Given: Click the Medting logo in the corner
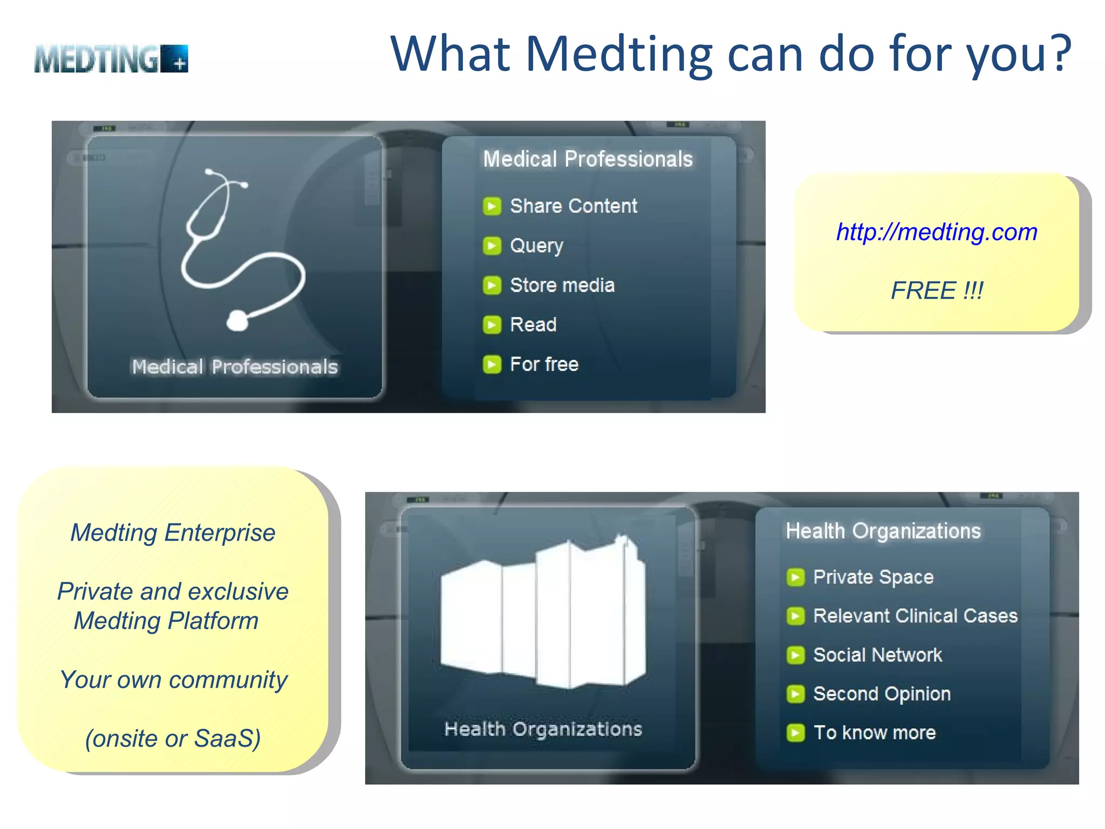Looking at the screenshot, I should (111, 59).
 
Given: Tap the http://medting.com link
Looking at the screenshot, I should (937, 232).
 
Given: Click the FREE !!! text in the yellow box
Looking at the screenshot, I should (937, 290).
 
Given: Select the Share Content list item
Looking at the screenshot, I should (573, 206).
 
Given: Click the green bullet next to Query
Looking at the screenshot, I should (492, 246).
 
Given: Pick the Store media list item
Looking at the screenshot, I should (562, 285).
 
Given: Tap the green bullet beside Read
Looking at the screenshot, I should (492, 325).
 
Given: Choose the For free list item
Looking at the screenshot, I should (544, 364).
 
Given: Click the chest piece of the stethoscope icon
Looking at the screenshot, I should (237, 321).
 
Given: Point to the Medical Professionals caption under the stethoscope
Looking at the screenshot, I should (235, 367).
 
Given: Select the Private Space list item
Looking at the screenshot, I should (873, 577).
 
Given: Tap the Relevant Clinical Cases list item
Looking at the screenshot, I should (915, 616).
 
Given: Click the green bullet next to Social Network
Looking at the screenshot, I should (795, 655).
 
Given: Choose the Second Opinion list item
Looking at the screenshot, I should (882, 694).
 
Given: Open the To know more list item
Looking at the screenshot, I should (874, 732).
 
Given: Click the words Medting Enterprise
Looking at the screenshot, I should (173, 533).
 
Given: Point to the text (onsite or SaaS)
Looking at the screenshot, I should (173, 738).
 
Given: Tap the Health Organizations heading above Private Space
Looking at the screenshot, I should (883, 531).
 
